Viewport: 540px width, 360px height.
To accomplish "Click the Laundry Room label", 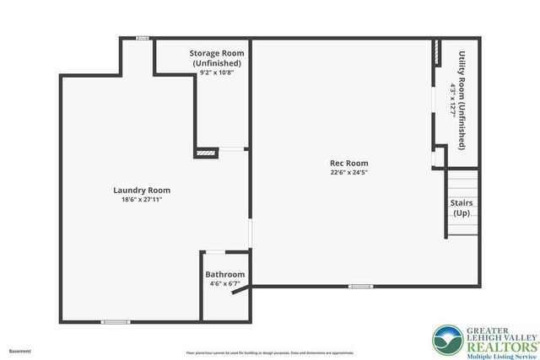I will coord(142,191).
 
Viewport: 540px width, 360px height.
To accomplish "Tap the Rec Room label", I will coord(348,164).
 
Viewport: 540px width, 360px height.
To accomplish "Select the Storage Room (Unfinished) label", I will coord(216,58).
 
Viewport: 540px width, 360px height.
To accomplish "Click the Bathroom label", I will coord(225,274).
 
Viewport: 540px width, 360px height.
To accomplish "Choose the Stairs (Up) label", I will coord(462,208).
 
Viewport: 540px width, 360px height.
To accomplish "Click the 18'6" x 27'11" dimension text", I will coord(142,200).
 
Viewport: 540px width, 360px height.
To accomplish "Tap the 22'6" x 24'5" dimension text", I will coord(348,173).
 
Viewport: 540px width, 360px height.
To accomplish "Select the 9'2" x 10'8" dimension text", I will coord(216,73).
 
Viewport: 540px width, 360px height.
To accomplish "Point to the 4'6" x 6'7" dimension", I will coord(224,283).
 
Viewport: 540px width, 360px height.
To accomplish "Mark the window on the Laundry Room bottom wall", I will coord(116,321).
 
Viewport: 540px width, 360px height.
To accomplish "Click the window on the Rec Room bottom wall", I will coord(360,286).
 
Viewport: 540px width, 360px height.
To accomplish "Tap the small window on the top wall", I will coord(143,38).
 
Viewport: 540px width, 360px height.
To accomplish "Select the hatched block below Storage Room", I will coord(205,153).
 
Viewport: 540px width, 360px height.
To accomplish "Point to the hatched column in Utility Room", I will coord(437,52).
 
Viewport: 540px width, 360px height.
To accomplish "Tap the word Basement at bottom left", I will coord(19,350).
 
